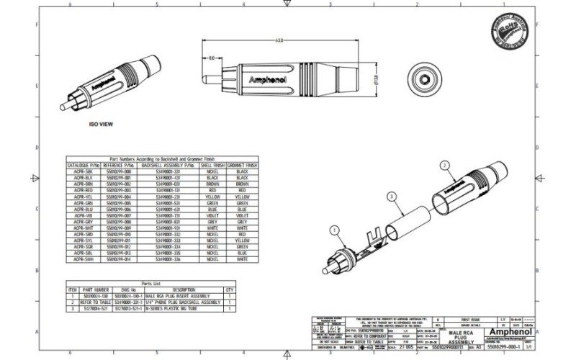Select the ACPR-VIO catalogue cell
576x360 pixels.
pos(83,215)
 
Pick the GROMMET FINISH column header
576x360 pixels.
pos(238,165)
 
